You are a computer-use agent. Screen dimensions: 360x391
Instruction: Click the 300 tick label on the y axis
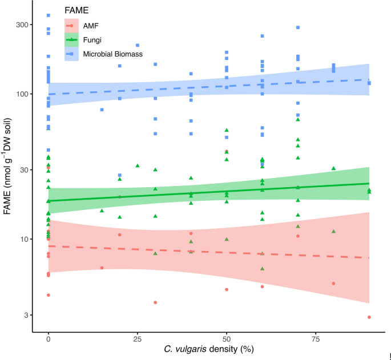pos(22,25)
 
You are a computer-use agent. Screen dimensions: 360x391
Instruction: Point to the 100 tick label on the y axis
pos(22,94)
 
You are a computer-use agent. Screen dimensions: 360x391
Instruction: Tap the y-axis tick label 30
pos(23,169)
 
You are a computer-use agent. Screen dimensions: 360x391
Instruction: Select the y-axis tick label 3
pos(26,315)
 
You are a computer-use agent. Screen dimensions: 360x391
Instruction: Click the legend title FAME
pos(76,10)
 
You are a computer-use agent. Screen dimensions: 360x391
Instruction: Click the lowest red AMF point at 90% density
pos(369,317)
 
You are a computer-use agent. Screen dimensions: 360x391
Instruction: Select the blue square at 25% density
pos(138,45)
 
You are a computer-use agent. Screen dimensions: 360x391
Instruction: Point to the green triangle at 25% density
pos(138,165)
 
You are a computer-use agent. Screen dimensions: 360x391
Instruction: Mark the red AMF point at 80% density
pos(333,284)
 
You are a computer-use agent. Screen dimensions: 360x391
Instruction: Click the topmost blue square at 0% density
pos(49,15)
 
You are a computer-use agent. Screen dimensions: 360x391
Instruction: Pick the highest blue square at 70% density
pos(298,27)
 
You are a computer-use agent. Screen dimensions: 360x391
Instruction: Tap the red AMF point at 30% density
pos(155,302)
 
